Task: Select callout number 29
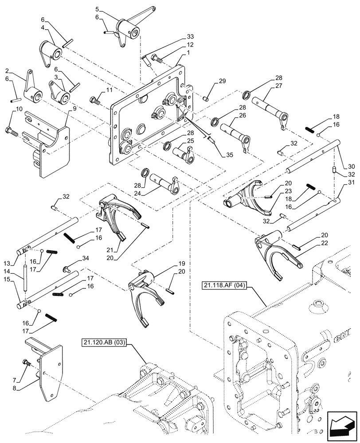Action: pyautogui.click(x=222, y=82)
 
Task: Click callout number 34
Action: pyautogui.click(x=85, y=259)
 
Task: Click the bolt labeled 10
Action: pyautogui.click(x=11, y=132)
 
